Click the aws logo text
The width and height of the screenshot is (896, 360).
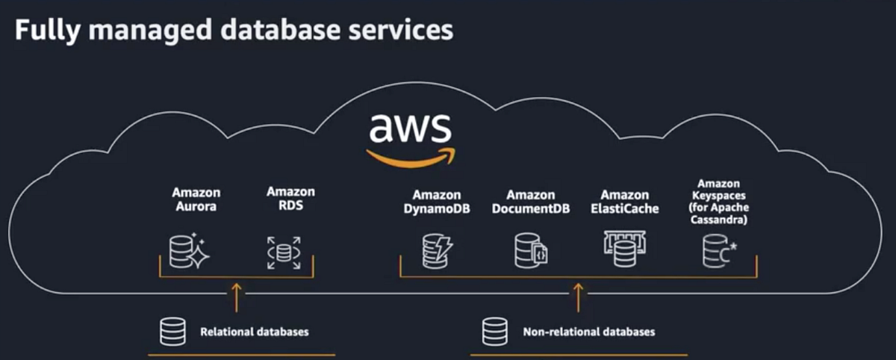click(410, 128)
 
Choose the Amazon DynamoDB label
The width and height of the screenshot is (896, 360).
click(436, 202)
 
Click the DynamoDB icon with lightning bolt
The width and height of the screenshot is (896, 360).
click(435, 251)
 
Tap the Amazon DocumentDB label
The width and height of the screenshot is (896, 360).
click(530, 202)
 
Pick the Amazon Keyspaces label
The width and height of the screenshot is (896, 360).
click(718, 201)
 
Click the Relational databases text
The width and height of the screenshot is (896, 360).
click(254, 331)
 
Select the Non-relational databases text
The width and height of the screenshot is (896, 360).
click(588, 331)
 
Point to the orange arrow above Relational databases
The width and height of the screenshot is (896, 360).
click(237, 296)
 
